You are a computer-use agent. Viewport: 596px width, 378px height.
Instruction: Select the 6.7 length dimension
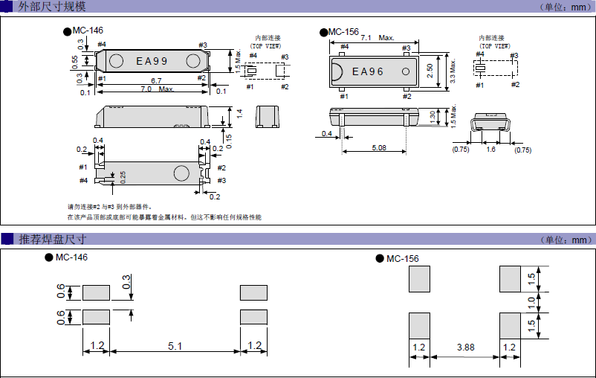(156, 80)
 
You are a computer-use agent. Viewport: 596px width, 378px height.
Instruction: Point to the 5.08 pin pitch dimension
(378, 147)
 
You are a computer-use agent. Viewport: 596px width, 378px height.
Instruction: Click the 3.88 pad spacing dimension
(465, 347)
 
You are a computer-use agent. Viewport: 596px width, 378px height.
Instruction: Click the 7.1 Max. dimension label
(377, 37)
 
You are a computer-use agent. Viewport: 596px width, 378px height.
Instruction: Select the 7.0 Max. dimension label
(157, 89)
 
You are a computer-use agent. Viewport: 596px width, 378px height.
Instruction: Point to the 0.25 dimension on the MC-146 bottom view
(123, 176)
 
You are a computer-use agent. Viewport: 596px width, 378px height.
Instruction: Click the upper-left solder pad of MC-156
(420, 280)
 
